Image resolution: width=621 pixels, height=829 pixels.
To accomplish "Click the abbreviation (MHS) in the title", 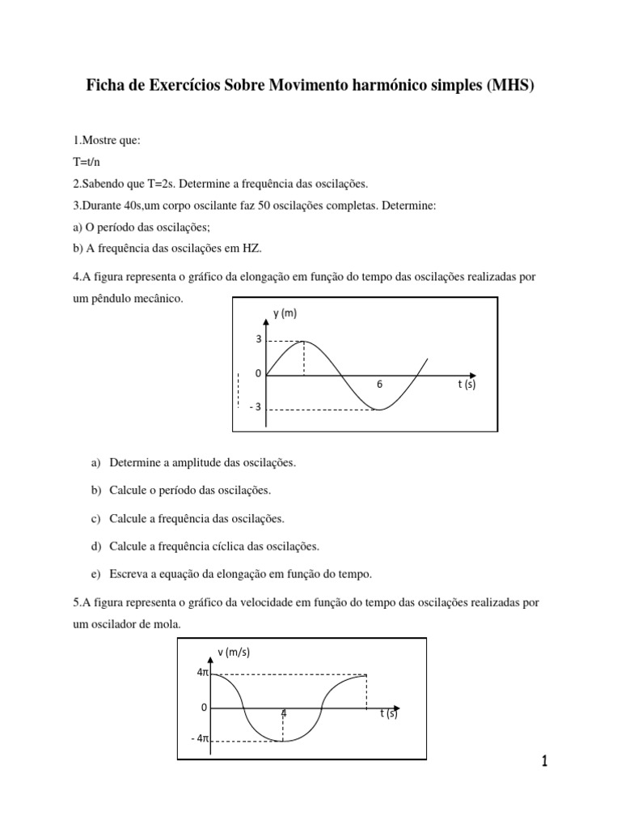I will tap(508, 85).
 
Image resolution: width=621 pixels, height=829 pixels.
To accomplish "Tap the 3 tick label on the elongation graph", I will tap(258, 341).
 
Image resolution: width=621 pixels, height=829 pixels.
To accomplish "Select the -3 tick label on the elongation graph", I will tap(256, 406).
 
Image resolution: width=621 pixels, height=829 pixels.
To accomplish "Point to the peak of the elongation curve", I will tap(304, 342).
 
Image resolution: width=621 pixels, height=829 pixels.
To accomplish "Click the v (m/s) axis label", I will tap(234, 653).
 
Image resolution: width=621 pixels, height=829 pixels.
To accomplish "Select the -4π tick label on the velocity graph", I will tap(199, 739).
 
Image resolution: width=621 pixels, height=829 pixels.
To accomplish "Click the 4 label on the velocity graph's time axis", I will tap(283, 713).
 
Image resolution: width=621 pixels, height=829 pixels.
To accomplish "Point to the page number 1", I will tap(544, 761).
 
